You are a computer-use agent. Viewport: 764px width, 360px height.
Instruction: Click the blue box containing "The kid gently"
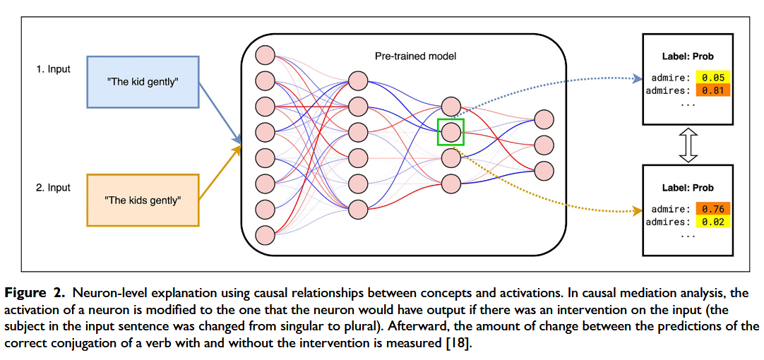pos(143,82)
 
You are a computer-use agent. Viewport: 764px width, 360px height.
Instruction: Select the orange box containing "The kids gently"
pos(143,200)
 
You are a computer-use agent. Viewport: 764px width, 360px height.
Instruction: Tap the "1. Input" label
pos(54,69)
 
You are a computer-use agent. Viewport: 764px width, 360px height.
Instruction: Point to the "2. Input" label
pos(54,187)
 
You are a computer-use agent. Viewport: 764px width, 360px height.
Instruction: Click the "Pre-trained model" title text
pos(415,56)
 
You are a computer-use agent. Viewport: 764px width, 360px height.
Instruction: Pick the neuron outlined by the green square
pos(450,131)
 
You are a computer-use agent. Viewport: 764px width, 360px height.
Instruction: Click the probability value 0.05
pos(712,77)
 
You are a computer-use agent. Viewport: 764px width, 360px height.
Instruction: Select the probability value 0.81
pos(712,90)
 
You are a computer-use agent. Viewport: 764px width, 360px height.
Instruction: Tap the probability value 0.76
pos(712,209)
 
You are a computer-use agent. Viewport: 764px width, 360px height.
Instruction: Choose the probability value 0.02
pos(712,222)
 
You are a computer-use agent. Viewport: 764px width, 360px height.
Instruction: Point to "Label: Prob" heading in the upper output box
pos(687,56)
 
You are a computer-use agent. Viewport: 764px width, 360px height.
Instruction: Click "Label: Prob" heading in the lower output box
pos(687,188)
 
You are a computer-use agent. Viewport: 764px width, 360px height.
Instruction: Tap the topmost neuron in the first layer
pos(265,55)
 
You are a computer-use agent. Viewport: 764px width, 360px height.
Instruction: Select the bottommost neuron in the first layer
pos(265,234)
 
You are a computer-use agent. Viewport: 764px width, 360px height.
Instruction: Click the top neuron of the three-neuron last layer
pos(544,119)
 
